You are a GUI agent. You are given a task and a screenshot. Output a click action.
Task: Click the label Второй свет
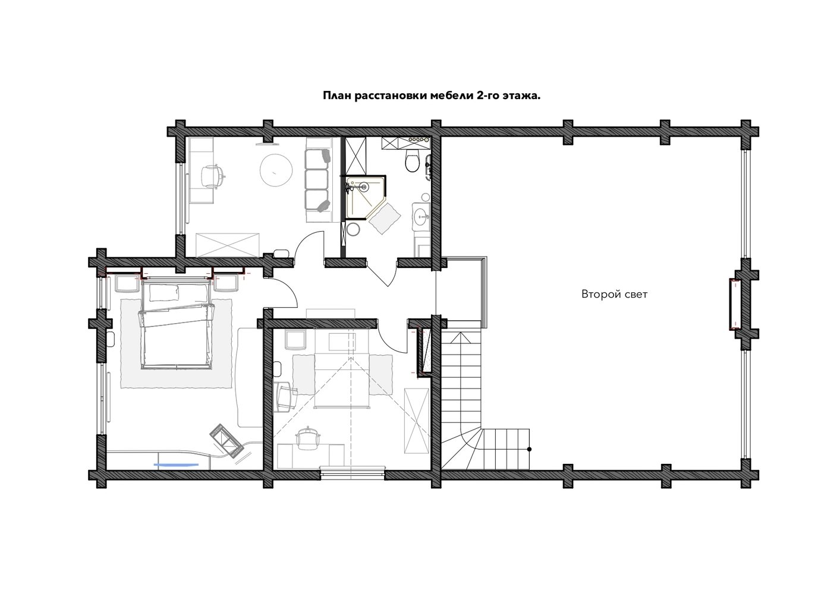pos(614,294)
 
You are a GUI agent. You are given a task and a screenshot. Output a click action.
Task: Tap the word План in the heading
pos(336,96)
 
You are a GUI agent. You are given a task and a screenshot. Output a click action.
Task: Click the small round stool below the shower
pos(353,229)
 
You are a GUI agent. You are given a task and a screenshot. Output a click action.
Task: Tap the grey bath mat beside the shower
pos(385,219)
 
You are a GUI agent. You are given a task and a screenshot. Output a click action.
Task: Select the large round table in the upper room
pos(276,169)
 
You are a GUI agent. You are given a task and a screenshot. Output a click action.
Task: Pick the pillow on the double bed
pos(164,293)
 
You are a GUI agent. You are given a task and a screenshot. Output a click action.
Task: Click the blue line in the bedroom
pos(176,465)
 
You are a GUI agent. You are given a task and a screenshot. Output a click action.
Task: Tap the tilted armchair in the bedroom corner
pos(226,441)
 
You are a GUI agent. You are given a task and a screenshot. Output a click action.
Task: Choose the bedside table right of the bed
pos(226,284)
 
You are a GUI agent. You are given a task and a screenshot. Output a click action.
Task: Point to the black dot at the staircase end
pos(529,449)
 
